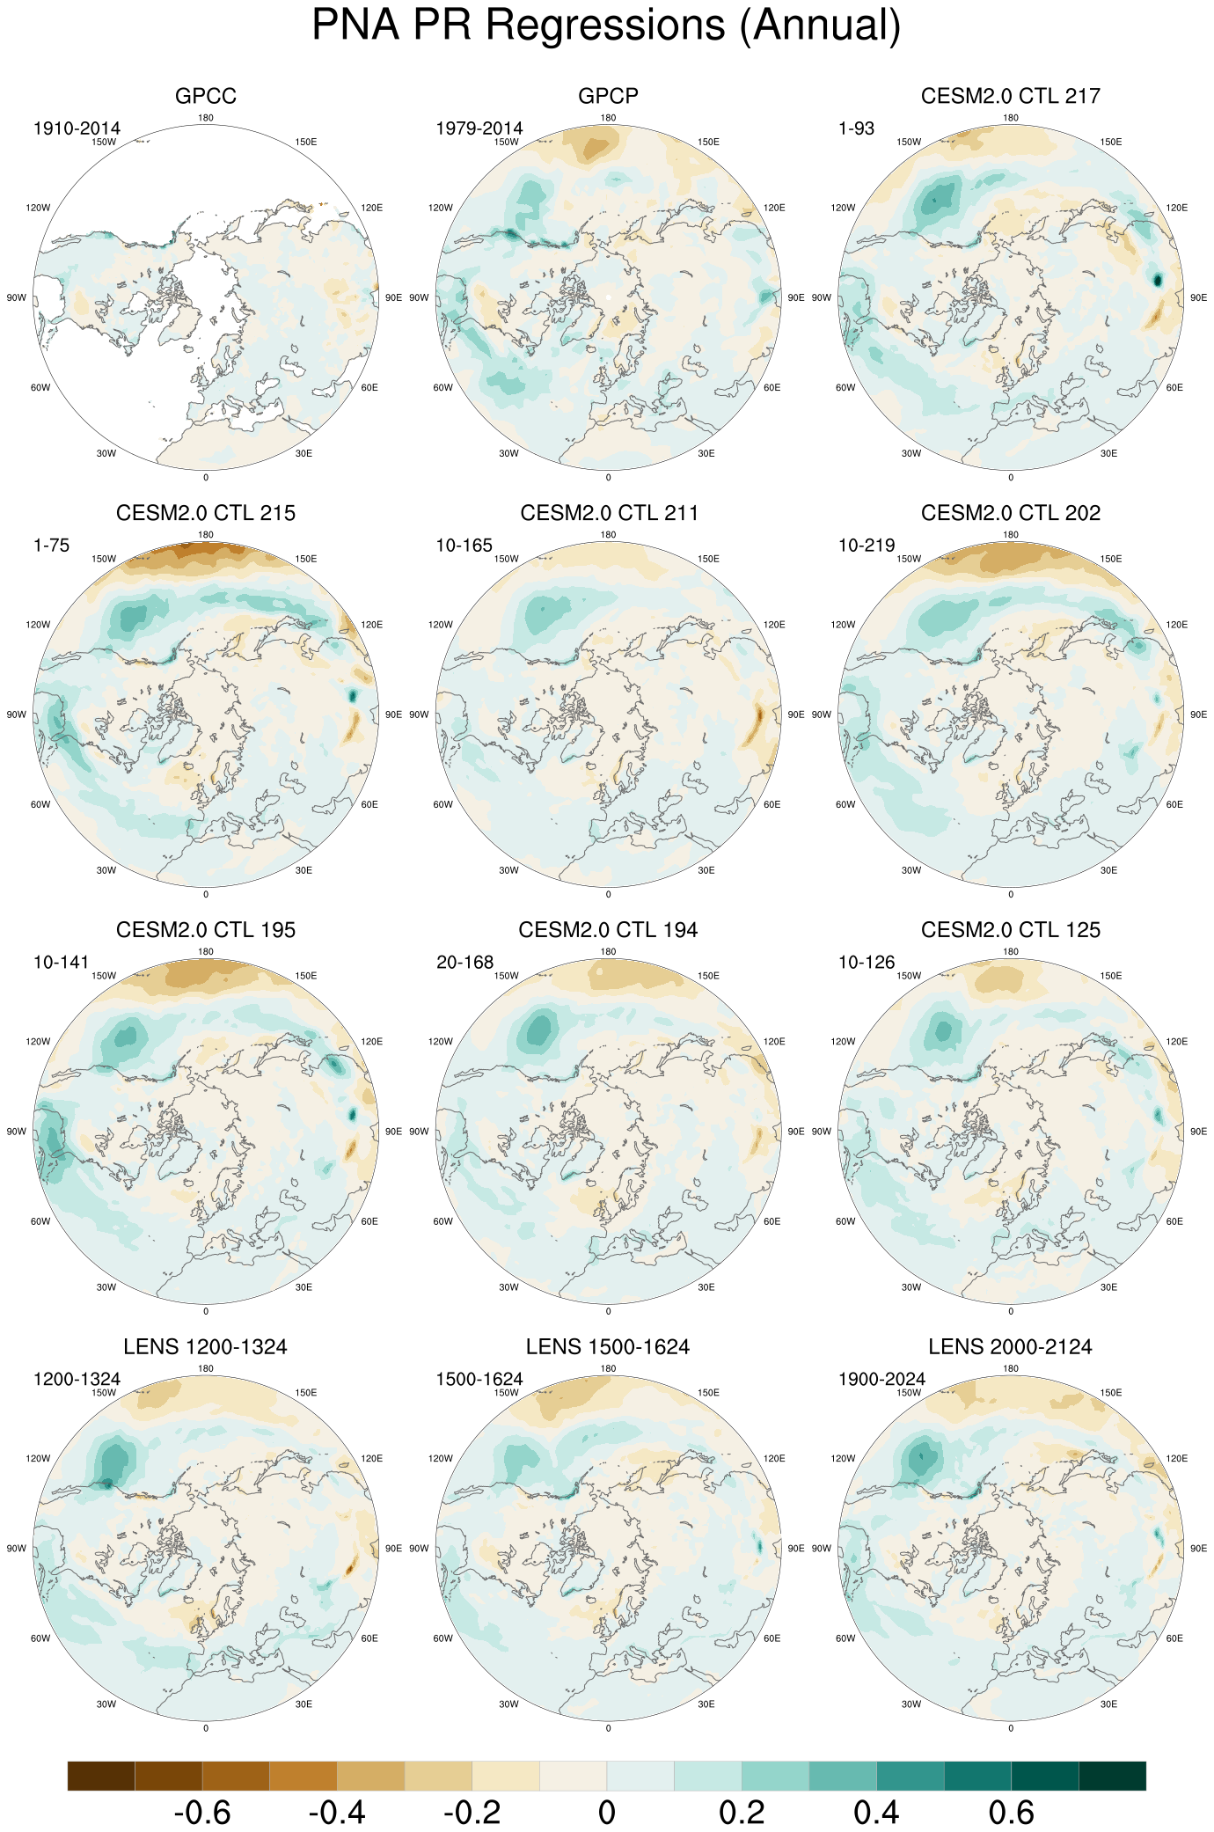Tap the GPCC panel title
click(x=206, y=96)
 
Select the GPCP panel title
click(x=608, y=96)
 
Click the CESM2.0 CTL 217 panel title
click(x=1010, y=96)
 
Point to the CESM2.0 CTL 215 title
click(x=206, y=513)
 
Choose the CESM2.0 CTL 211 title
click(x=608, y=513)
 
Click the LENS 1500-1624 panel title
click(x=608, y=1347)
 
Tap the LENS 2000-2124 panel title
click(x=1010, y=1347)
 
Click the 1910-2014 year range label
click(x=77, y=128)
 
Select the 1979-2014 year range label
click(x=479, y=128)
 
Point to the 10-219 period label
click(x=867, y=546)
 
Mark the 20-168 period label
click(x=464, y=963)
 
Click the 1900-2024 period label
click(x=881, y=1380)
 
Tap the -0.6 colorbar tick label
click(x=202, y=1813)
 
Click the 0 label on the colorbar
click(x=606, y=1813)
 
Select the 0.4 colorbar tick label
click(x=876, y=1813)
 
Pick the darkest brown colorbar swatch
click(x=101, y=1776)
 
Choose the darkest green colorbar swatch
click(x=1112, y=1776)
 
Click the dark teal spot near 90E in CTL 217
click(x=1158, y=280)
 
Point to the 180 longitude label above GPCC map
click(x=206, y=118)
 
